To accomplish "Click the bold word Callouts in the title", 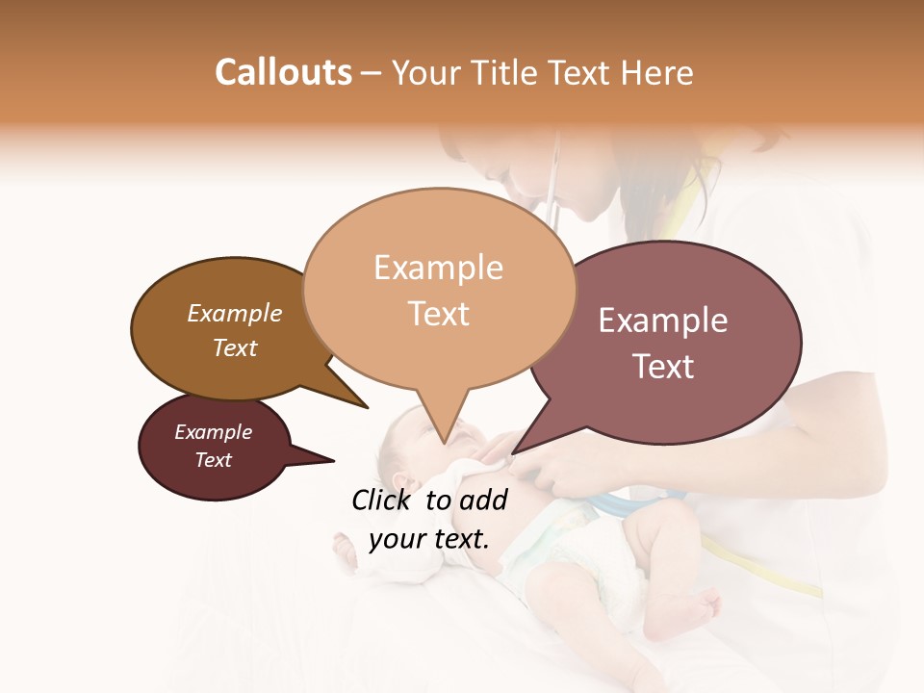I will point(283,72).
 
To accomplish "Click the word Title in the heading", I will point(508,72).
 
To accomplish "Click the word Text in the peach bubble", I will point(438,313).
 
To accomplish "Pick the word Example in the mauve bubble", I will point(663,321).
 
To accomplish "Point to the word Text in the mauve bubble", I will point(663,367).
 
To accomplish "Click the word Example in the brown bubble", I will point(234,314).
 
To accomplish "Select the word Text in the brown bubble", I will point(234,347).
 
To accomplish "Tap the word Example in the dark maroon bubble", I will point(213,432).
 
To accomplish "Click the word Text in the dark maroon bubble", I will point(213,460).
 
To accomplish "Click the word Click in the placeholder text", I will point(383,500).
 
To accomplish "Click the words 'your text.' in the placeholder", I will point(428,539).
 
